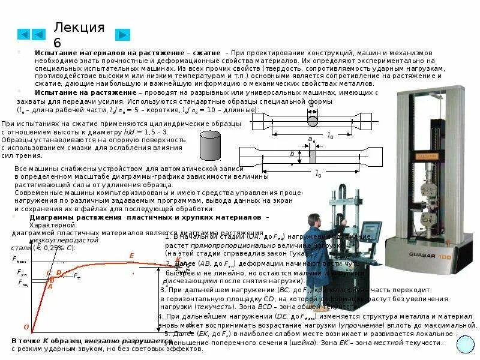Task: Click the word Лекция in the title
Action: click(x=79, y=28)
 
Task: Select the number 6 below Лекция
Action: click(x=58, y=43)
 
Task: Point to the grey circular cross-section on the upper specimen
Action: click(x=313, y=121)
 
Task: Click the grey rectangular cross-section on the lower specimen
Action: click(x=313, y=155)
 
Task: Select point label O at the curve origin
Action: click(x=26, y=327)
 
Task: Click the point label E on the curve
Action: click(x=131, y=256)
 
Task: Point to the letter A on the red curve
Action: click(x=50, y=287)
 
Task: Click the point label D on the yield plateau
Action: click(x=59, y=273)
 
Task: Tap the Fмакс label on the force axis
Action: click(x=19, y=259)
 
